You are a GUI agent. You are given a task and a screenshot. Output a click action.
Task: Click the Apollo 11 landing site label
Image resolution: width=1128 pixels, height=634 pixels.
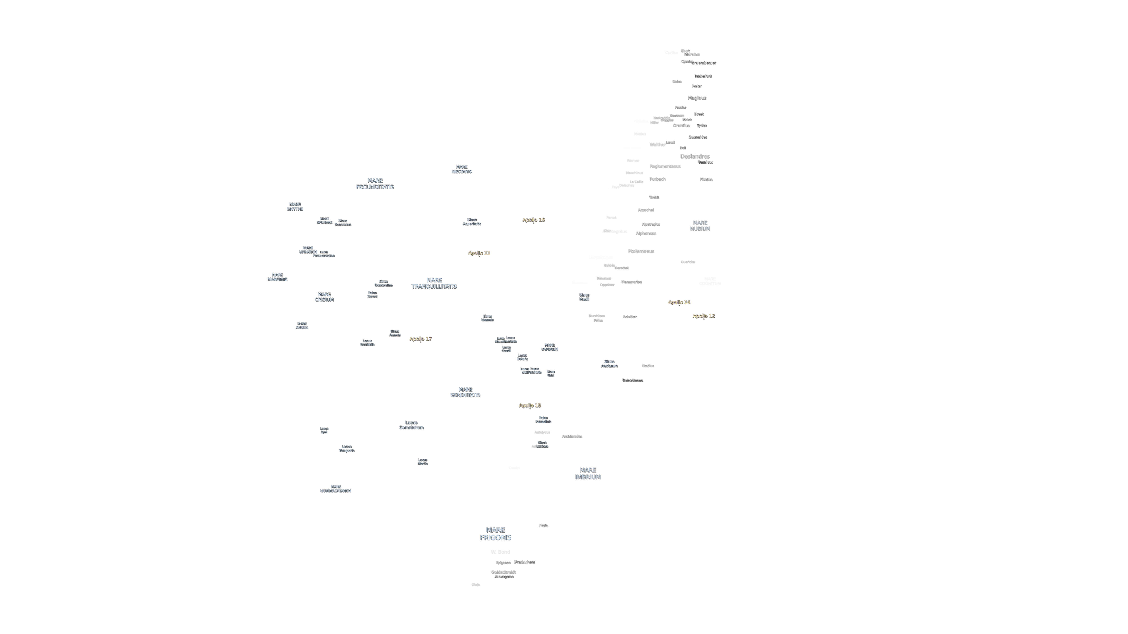pyautogui.click(x=479, y=253)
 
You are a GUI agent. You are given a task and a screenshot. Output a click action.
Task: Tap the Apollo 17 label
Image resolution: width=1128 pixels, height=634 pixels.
pyautogui.click(x=420, y=339)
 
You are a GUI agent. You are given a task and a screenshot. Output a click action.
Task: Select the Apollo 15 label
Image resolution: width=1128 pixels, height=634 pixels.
pyautogui.click(x=529, y=405)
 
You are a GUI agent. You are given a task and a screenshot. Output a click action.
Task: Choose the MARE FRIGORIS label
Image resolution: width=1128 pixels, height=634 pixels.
pyautogui.click(x=495, y=533)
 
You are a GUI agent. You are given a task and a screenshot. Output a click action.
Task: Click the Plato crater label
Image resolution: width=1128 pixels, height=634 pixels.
pyautogui.click(x=543, y=525)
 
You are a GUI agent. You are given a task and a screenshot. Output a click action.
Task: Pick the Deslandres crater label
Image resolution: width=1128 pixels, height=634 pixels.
pyautogui.click(x=694, y=156)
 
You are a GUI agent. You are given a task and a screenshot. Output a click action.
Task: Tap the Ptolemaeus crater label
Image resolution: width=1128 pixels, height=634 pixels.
pyautogui.click(x=641, y=251)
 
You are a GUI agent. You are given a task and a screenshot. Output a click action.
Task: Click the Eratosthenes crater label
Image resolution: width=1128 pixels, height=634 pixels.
pyautogui.click(x=632, y=380)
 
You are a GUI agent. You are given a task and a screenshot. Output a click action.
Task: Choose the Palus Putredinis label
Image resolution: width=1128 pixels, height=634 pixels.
pyautogui.click(x=543, y=420)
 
